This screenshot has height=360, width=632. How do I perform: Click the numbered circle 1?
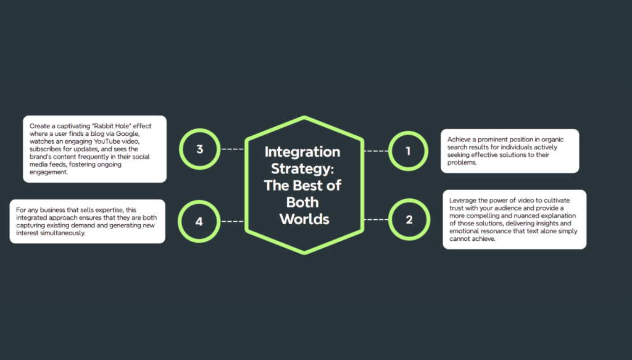[x=408, y=150]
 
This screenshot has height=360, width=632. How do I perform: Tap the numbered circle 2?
[x=409, y=220]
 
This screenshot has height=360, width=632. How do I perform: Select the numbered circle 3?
[x=199, y=149]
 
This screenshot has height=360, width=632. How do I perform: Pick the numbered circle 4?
[x=199, y=220]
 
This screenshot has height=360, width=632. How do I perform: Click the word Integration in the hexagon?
[x=302, y=152]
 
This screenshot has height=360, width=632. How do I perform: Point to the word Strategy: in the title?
[x=302, y=169]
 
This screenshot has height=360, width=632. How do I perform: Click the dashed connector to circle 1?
[x=376, y=151]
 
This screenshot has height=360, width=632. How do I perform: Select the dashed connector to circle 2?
[x=376, y=220]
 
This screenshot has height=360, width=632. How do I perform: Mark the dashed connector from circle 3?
[x=232, y=149]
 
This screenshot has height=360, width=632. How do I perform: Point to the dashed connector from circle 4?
[x=232, y=220]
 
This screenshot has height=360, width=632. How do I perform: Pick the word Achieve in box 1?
[x=460, y=140]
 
